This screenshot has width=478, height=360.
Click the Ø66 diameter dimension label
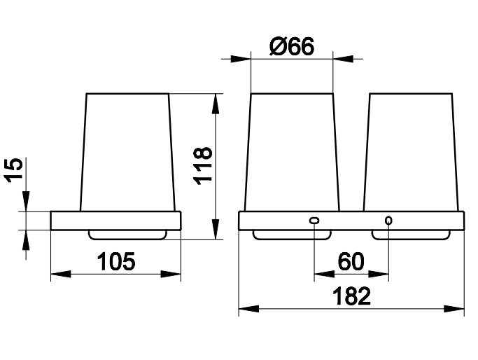tap(291, 47)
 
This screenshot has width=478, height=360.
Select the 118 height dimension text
tap(203, 166)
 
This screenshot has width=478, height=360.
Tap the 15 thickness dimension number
tap(13, 170)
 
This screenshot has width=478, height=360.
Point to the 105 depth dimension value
tap(116, 261)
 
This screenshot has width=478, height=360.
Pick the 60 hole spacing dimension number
tap(351, 261)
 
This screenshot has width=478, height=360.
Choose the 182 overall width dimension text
tap(351, 296)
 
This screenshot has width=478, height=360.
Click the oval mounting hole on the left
tap(314, 220)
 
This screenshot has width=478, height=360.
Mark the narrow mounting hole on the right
tap(388, 220)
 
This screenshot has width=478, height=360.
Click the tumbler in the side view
tap(127, 152)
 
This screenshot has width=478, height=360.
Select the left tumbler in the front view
tap(292, 152)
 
